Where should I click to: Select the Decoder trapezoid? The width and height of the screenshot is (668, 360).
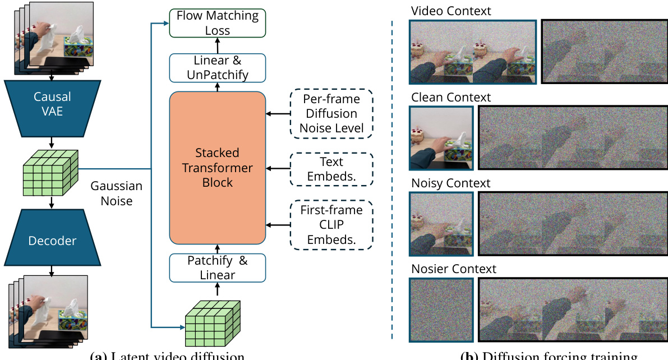(52, 239)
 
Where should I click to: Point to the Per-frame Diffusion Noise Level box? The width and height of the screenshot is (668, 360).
(331, 113)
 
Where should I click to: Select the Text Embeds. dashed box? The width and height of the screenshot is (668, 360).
(331, 168)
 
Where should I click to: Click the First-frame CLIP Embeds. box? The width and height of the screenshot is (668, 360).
(331, 225)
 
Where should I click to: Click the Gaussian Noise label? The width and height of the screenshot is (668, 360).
(117, 193)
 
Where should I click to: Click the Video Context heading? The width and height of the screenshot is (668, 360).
(451, 11)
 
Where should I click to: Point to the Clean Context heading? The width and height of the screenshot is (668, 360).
(451, 98)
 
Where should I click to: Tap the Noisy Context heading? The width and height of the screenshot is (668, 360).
(451, 183)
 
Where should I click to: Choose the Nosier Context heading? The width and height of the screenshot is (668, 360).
(454, 269)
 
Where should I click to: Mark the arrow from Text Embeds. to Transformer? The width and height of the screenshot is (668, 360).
(278, 168)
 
